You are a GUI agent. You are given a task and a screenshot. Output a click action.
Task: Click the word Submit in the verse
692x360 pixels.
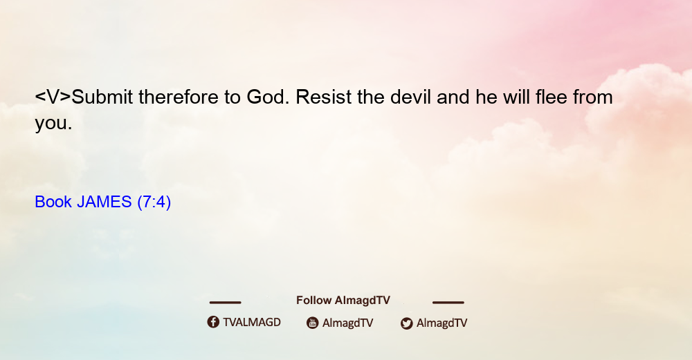click(x=102, y=97)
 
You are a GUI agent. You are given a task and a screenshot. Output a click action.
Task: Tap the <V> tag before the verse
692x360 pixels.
click(x=53, y=97)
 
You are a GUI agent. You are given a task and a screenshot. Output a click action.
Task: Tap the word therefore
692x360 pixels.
click(x=179, y=97)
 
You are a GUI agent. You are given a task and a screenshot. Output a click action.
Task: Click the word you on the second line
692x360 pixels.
click(x=53, y=124)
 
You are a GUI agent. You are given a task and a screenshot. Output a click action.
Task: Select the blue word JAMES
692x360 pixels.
click(x=104, y=202)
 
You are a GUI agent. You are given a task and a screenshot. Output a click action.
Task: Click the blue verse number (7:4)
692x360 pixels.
click(x=154, y=202)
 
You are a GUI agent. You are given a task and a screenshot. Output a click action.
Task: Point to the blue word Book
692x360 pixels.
click(x=53, y=202)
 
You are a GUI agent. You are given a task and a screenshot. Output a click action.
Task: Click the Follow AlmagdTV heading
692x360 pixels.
click(x=343, y=301)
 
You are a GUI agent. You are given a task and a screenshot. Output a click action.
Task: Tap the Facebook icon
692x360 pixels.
click(x=213, y=322)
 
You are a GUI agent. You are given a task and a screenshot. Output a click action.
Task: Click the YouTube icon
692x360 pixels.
click(x=313, y=323)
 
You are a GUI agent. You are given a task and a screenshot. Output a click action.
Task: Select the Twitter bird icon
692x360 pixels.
click(x=406, y=323)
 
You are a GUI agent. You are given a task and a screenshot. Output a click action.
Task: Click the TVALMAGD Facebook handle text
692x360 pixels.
click(x=252, y=323)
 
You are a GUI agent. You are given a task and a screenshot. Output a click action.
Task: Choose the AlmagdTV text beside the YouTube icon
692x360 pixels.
click(x=348, y=323)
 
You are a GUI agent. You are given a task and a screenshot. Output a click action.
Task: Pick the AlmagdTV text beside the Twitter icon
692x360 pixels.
click(x=441, y=323)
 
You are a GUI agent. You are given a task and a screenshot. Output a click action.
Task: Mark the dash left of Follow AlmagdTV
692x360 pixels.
click(x=225, y=302)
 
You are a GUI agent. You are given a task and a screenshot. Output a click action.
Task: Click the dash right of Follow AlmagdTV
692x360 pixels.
click(x=448, y=302)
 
